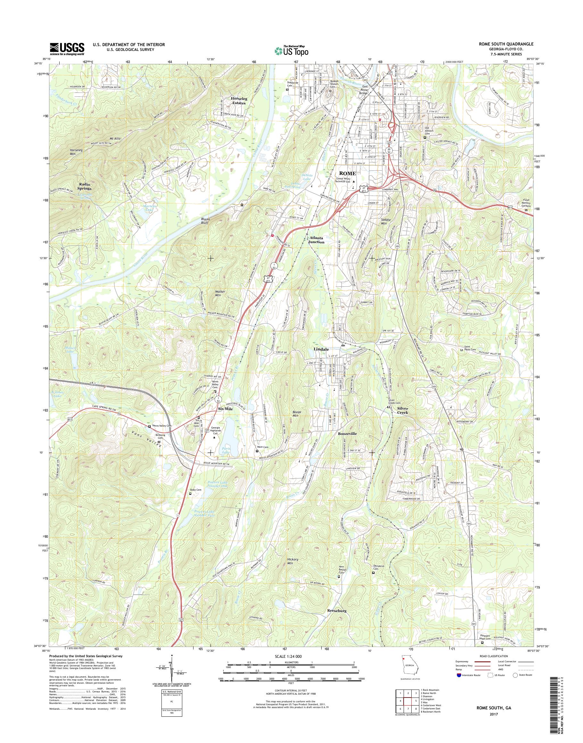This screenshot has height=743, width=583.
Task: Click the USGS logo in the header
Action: (67, 49)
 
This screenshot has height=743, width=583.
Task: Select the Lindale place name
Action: (321, 349)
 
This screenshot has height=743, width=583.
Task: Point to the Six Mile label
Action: (226, 409)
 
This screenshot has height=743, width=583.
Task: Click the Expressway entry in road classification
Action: (463, 661)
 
